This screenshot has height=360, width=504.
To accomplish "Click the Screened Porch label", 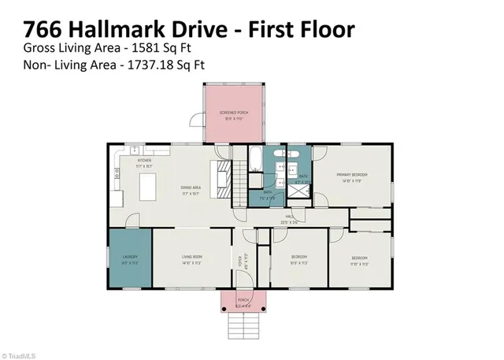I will tap(233, 116).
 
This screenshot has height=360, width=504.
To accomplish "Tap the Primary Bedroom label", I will tap(352, 176).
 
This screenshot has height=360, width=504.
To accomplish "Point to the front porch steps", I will tap(243, 324).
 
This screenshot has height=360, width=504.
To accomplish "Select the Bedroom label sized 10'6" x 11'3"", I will tap(298, 259).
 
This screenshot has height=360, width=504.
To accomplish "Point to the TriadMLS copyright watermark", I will tap(20, 354).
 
